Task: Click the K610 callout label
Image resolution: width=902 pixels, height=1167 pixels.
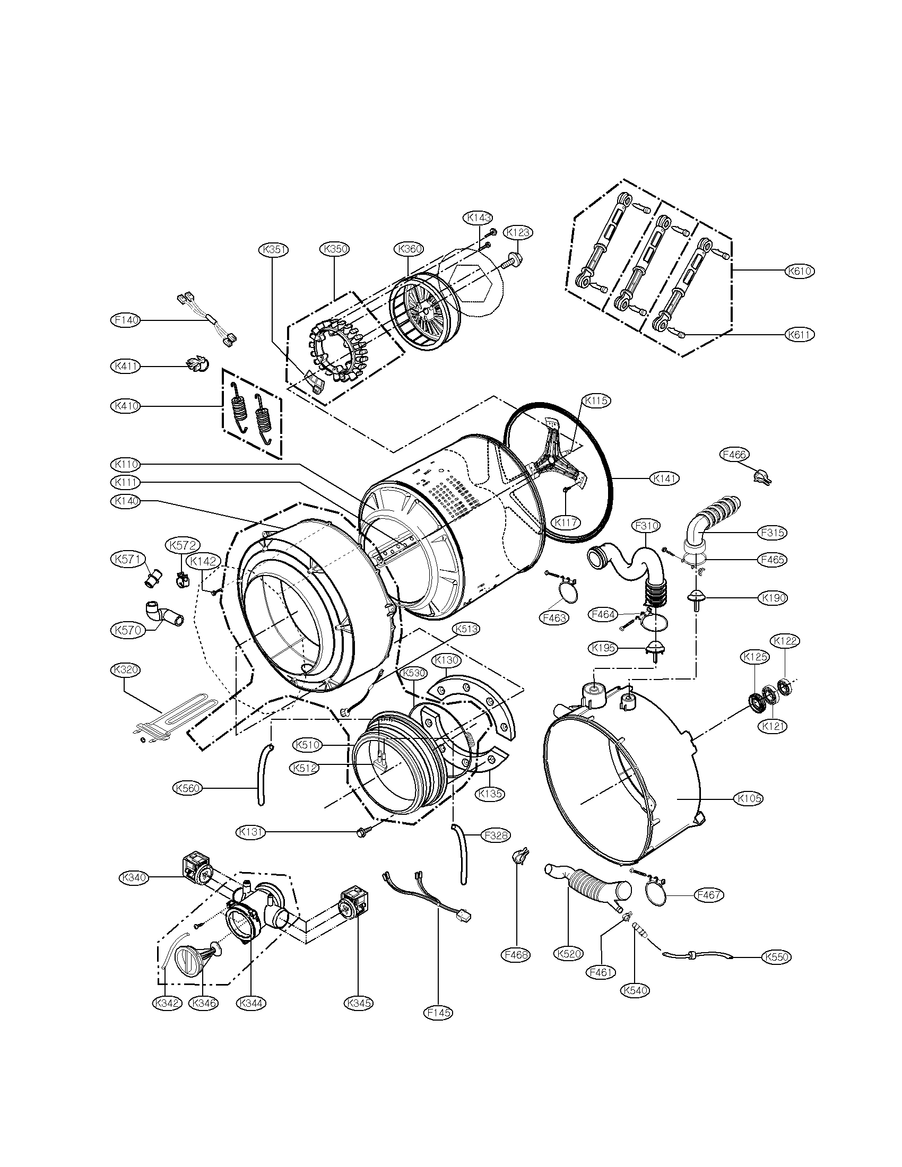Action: pos(800,271)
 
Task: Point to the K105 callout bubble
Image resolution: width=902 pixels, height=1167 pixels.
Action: pos(749,813)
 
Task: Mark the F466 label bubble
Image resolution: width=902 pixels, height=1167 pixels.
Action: pos(735,455)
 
